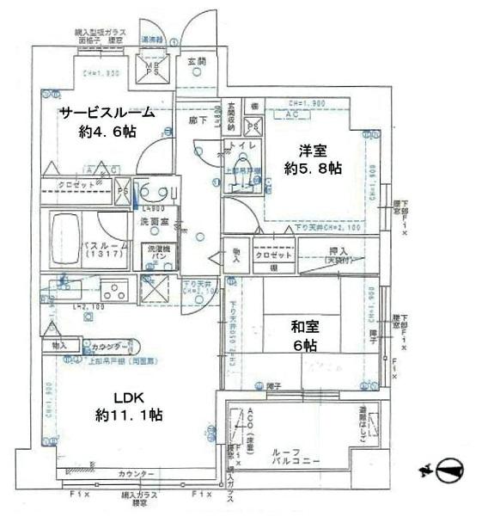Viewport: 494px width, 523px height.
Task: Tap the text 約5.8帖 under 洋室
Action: click(313, 169)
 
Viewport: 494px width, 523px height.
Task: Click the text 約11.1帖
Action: click(129, 415)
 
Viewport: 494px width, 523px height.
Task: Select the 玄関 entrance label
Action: click(196, 62)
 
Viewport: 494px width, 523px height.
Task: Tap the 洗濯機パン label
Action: click(161, 257)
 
